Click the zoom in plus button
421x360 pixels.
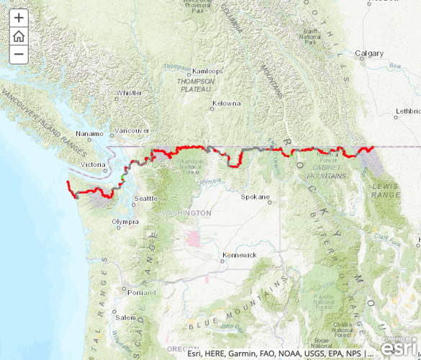tap(19, 18)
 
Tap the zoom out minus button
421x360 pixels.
tap(19, 54)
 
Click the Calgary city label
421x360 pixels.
tap(370, 53)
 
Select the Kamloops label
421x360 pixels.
tap(209, 71)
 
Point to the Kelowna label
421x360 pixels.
tap(226, 103)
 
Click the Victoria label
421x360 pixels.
tap(94, 164)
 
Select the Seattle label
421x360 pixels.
tap(145, 198)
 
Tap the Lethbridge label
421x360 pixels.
tap(407, 111)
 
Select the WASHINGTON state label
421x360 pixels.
tap(186, 213)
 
